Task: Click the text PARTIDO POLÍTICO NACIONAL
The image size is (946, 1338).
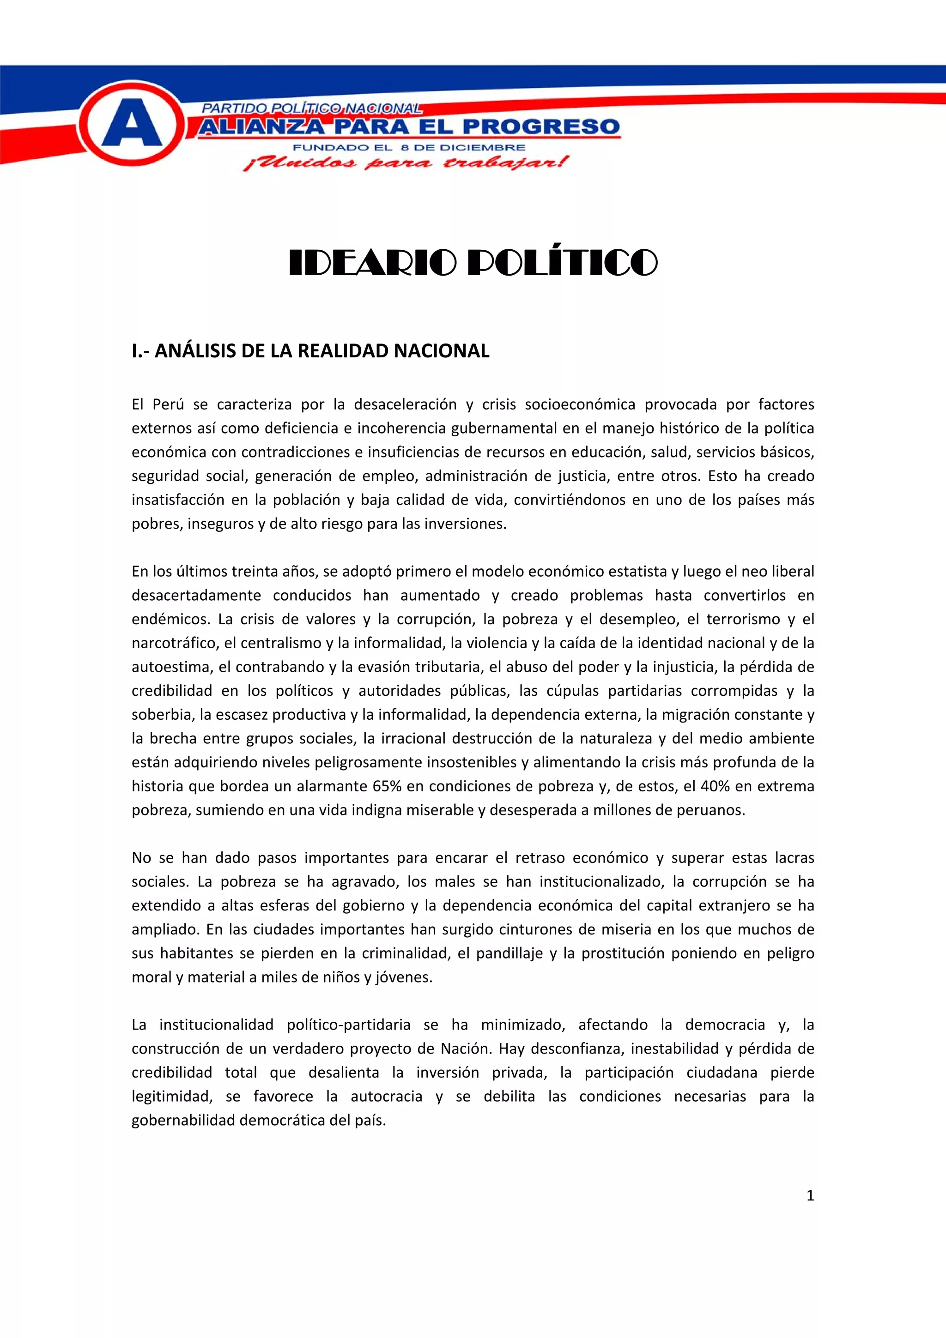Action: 311,108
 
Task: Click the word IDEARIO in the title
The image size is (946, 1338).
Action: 372,263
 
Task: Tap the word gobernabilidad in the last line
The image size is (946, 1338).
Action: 183,1120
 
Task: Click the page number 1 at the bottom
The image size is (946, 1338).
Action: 810,1196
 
